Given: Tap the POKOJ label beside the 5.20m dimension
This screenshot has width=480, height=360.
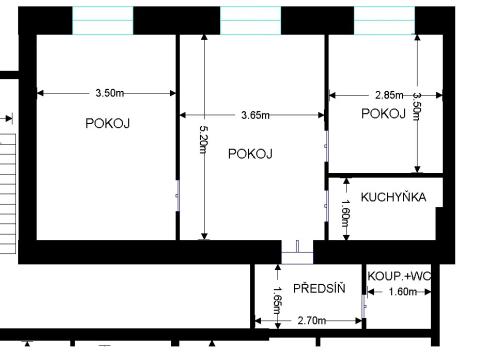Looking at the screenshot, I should point(250,153).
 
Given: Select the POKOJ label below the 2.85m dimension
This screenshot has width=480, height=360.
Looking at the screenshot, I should point(383,114).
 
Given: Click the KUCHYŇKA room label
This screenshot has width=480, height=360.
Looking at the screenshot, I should point(394,197).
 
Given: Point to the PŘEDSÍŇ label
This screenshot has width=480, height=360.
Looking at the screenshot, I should point(320,287).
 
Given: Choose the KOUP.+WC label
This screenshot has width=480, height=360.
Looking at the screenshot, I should point(399,276).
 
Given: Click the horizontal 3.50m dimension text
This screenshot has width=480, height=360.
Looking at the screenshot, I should point(110,93).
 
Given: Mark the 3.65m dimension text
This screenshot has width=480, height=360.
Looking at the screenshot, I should point(256,115).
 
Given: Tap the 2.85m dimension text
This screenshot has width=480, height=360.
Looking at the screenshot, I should point(390,95).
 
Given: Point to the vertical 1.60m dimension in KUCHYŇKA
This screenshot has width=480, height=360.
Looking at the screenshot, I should point(346,212).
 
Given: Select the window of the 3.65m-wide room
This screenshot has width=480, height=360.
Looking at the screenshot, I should point(248,19).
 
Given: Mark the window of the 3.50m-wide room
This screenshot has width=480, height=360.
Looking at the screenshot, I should point(103,19).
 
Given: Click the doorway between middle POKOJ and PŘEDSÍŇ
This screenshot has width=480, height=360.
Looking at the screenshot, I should point(298,253).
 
